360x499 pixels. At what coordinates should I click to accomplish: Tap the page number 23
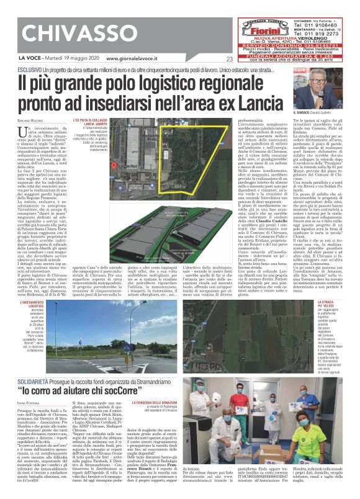click(x=229, y=60)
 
